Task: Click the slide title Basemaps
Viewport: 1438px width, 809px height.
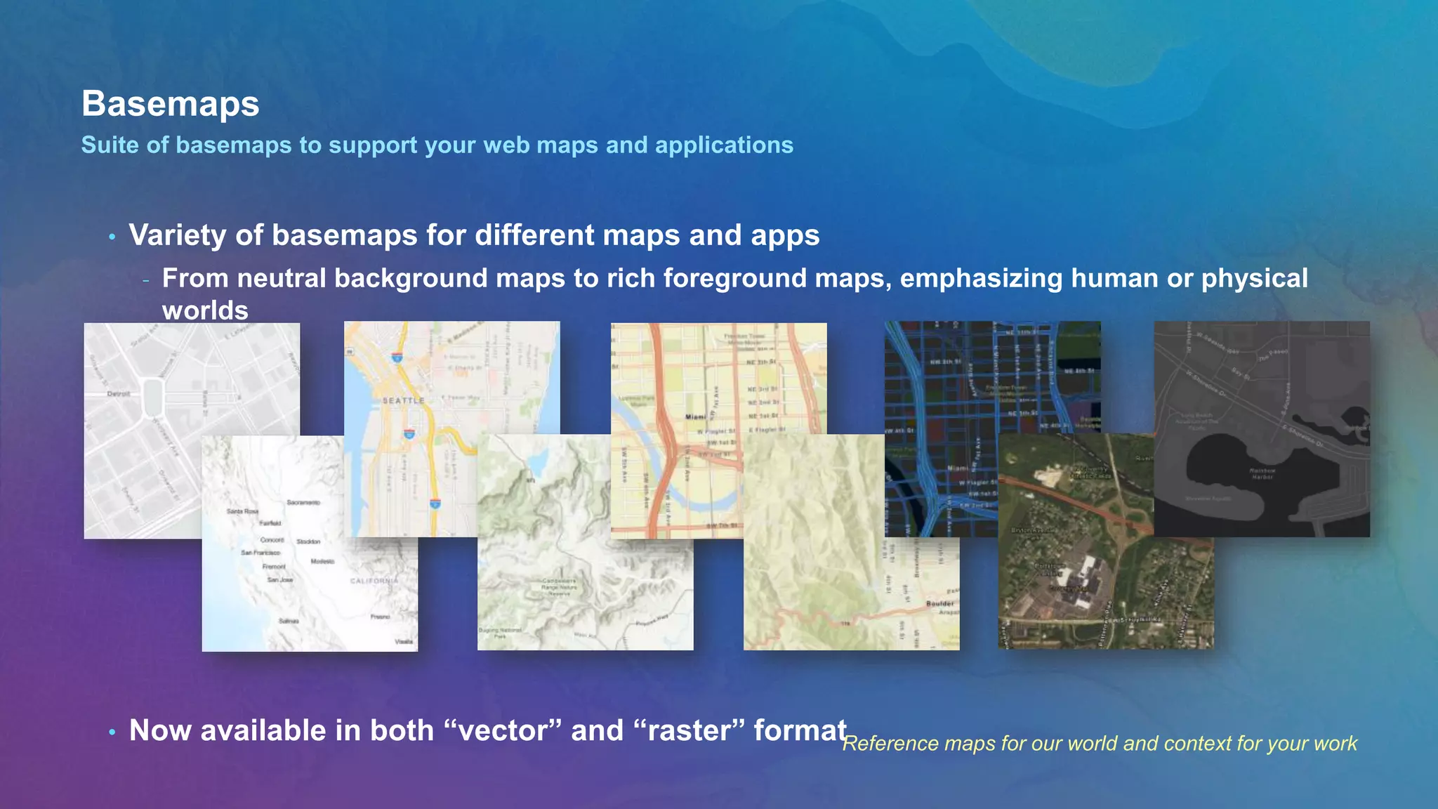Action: (x=170, y=104)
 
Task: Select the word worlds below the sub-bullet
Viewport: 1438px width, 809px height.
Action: (x=205, y=310)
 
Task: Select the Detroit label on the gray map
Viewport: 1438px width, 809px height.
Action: (x=119, y=394)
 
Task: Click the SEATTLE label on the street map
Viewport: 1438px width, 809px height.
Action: (x=404, y=400)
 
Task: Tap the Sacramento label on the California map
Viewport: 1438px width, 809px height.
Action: (x=303, y=503)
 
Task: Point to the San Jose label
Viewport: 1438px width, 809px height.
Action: (x=280, y=580)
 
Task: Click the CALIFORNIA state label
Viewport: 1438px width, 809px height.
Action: (x=374, y=581)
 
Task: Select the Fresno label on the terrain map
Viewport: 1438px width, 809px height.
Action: (x=381, y=617)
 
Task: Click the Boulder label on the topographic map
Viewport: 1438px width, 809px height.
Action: (x=940, y=603)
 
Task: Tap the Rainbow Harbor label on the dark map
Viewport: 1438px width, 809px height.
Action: (x=1262, y=473)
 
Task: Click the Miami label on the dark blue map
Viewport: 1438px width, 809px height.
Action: (x=958, y=468)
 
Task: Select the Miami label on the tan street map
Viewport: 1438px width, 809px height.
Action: (x=696, y=416)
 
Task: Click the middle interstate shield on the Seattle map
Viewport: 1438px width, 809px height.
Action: (x=409, y=434)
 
